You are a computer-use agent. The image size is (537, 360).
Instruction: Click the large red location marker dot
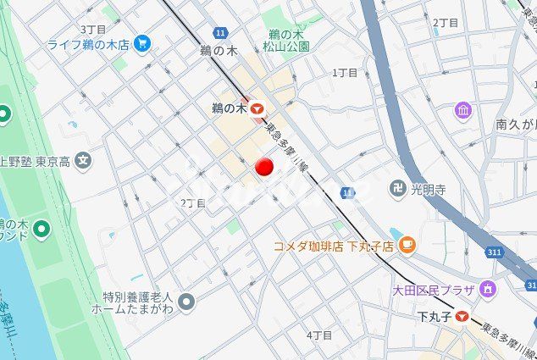pyautogui.click(x=264, y=168)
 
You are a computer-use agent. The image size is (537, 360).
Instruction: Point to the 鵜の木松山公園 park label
pyautogui.click(x=285, y=41)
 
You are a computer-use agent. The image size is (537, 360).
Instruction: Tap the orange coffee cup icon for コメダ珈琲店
pyautogui.click(x=407, y=246)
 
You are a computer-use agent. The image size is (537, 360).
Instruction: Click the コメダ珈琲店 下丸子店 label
pyautogui.click(x=334, y=246)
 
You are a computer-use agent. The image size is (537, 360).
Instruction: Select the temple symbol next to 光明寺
pyautogui.click(x=397, y=188)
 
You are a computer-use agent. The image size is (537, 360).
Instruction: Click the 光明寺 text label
pyautogui.click(x=429, y=189)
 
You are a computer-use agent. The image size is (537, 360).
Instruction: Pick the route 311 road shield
pyautogui.click(x=498, y=252)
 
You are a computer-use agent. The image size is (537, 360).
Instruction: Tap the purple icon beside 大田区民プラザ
pyautogui.click(x=488, y=290)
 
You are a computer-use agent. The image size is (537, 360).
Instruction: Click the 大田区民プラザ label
pyautogui.click(x=435, y=291)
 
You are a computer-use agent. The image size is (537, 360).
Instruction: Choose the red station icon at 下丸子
pyautogui.click(x=461, y=317)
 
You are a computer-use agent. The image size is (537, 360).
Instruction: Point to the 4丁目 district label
pyautogui.click(x=319, y=335)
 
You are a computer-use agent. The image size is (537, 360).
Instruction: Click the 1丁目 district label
pyautogui.click(x=345, y=73)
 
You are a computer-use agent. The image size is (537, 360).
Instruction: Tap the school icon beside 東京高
pyautogui.click(x=82, y=159)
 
